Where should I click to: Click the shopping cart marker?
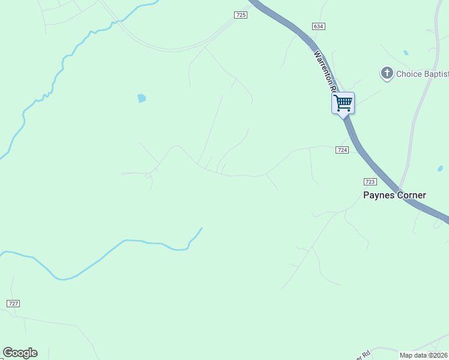[343, 103]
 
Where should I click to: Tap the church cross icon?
[387, 74]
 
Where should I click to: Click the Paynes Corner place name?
[394, 195]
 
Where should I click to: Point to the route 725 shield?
[240, 15]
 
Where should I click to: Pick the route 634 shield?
[318, 26]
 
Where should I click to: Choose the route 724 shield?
[342, 150]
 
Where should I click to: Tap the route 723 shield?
[370, 181]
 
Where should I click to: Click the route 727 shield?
[13, 304]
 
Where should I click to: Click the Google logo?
[20, 352]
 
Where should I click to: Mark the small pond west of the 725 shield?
[142, 98]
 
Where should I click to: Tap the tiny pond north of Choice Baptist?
[406, 53]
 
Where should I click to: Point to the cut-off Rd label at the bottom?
[361, 354]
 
